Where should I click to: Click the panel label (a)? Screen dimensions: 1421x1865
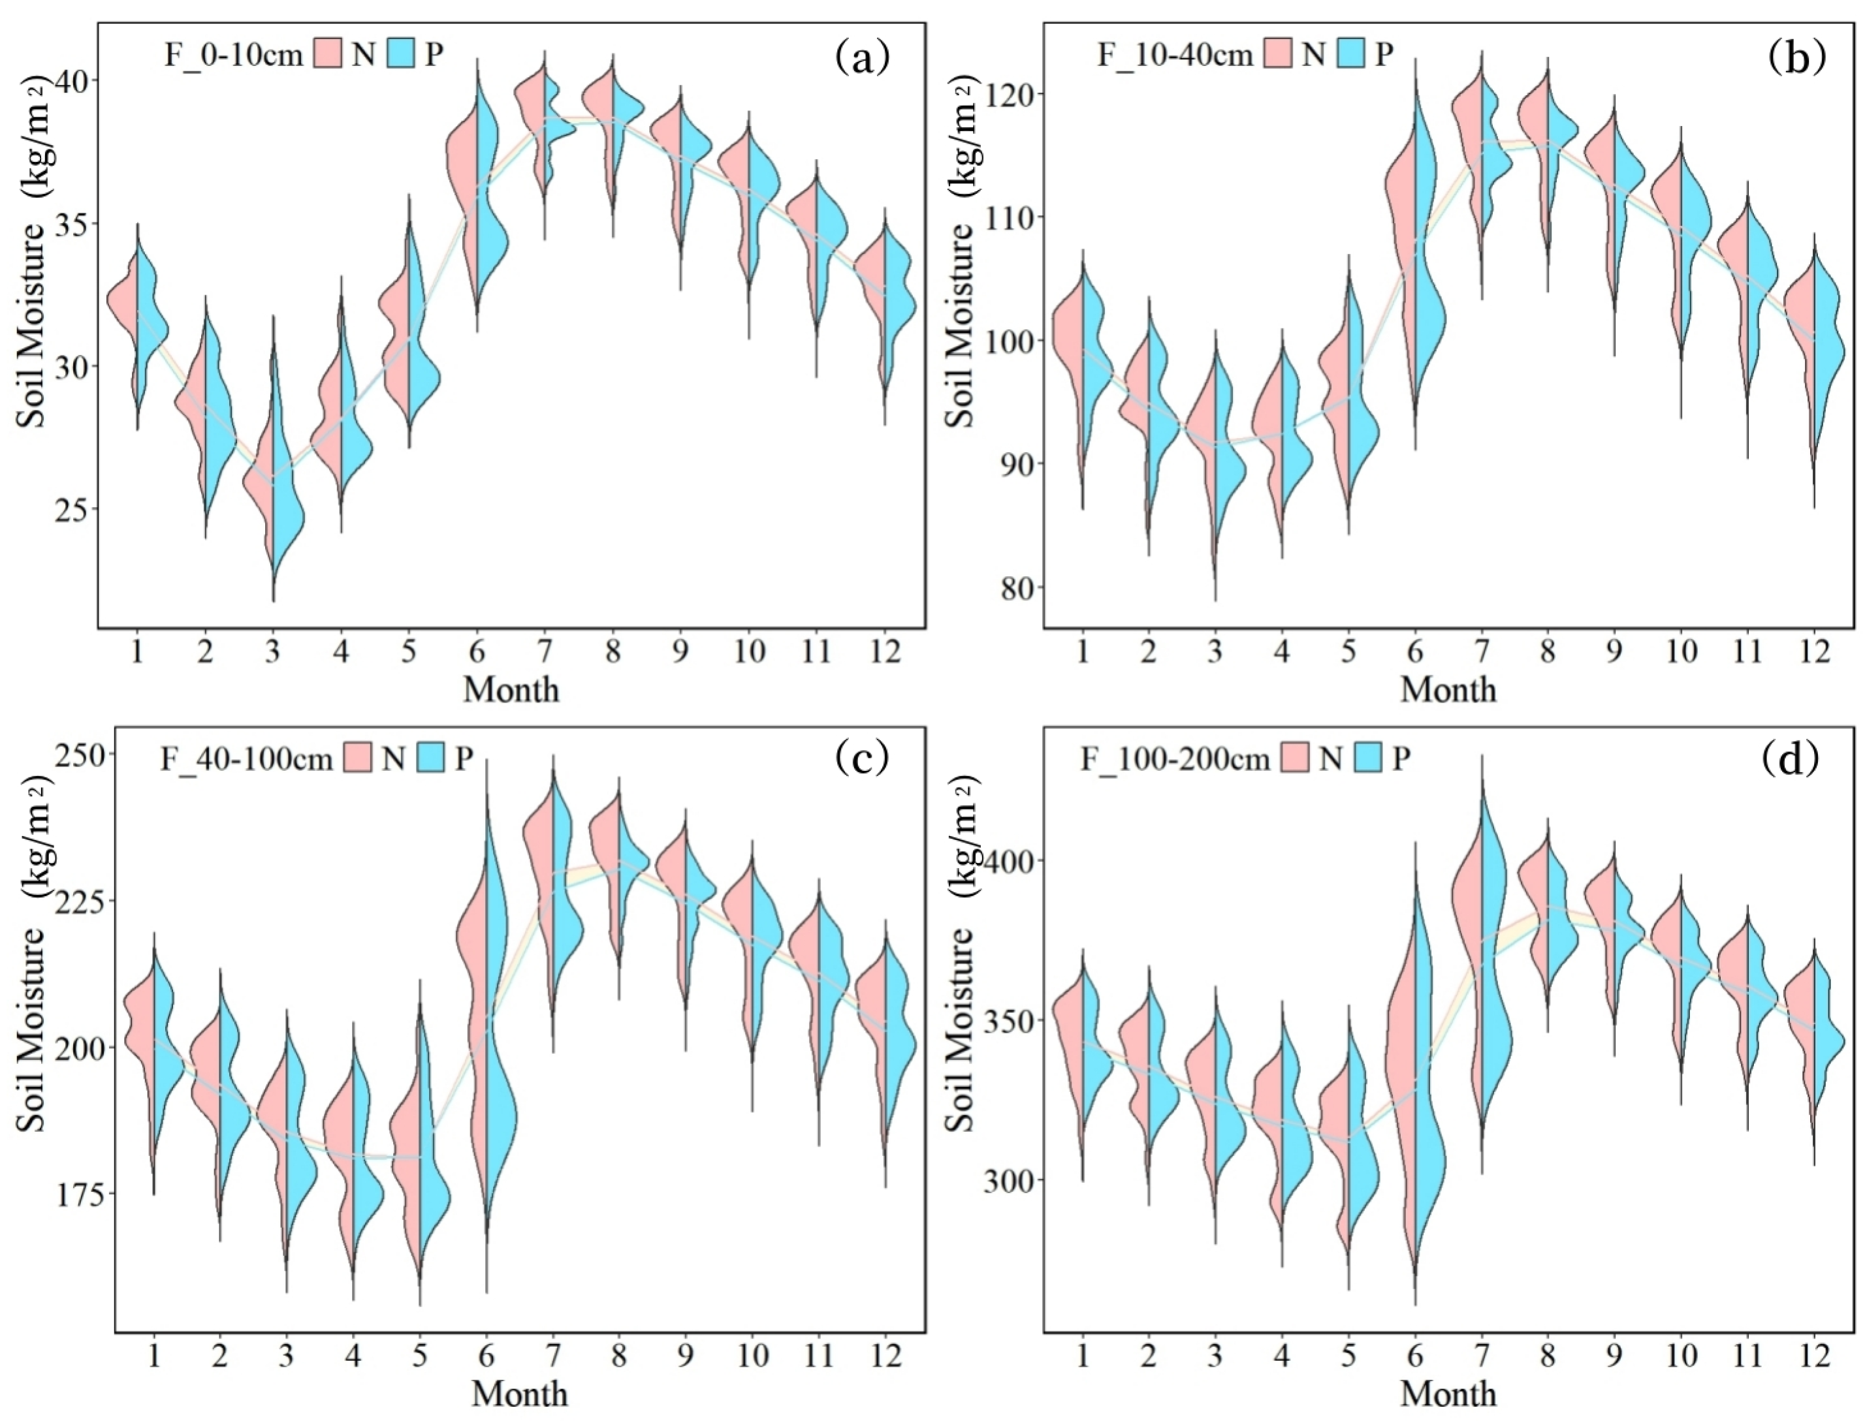pyautogui.click(x=862, y=57)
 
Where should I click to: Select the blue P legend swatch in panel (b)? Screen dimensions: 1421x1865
pyautogui.click(x=1350, y=54)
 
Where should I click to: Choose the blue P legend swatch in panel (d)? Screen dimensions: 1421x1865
pyautogui.click(x=1367, y=758)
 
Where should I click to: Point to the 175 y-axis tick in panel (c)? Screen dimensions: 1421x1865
pyautogui.click(x=80, y=1193)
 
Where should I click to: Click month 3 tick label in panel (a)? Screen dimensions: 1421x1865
pyautogui.click(x=272, y=652)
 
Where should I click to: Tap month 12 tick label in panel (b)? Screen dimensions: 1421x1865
pyautogui.click(x=1813, y=652)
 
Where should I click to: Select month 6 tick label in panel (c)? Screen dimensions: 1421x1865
pyautogui.click(x=486, y=1356)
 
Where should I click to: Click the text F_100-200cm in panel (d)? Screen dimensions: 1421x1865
pyautogui.click(x=1175, y=760)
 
